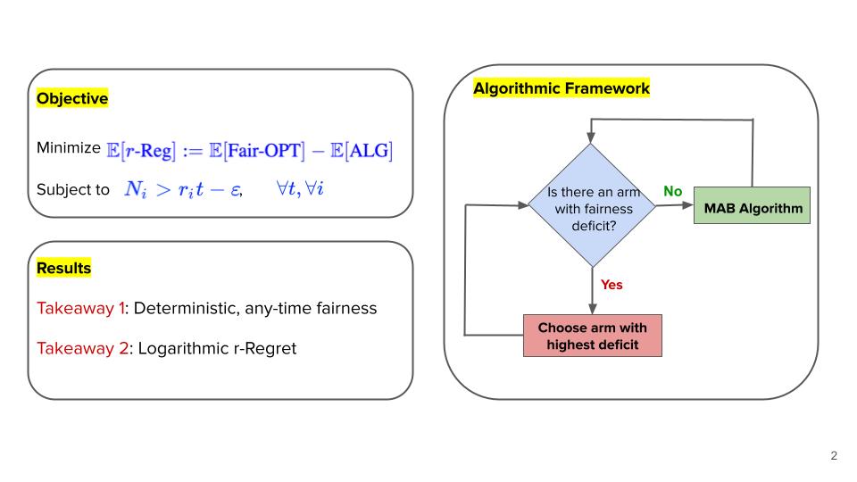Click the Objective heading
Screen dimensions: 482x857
[x=72, y=99]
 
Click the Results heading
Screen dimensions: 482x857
[x=63, y=268]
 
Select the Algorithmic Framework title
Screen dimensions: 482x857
[x=561, y=89]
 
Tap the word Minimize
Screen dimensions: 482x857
[x=69, y=147]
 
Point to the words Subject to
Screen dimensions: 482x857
[x=73, y=190]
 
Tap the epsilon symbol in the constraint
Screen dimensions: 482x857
[x=234, y=191]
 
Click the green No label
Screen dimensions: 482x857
[x=673, y=192]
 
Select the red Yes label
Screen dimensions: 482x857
[x=612, y=285]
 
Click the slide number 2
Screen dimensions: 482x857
[x=834, y=456]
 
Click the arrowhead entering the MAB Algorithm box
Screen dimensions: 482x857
[x=688, y=205]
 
